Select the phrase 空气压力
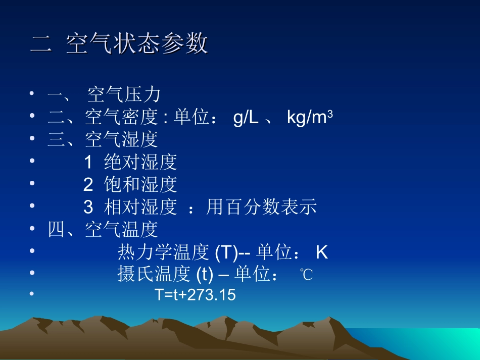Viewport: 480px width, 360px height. pyautogui.click(x=124, y=94)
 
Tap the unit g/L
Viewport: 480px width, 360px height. pyautogui.click(x=246, y=118)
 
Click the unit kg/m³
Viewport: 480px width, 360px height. pyautogui.click(x=309, y=118)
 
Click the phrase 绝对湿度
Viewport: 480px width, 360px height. pyautogui.click(x=140, y=162)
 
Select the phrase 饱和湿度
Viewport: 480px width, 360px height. pyautogui.click(x=140, y=184)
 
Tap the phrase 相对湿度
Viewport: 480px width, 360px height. pyautogui.click(x=140, y=207)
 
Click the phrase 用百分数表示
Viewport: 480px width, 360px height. pyautogui.click(x=261, y=207)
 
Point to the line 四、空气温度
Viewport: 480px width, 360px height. pyautogui.click(x=103, y=229)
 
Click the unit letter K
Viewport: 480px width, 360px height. pyautogui.click(x=322, y=252)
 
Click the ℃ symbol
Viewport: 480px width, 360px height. pyautogui.click(x=306, y=275)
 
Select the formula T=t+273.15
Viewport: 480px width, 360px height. pyautogui.click(x=195, y=295)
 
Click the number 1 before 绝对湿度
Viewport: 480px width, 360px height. pyautogui.click(x=88, y=162)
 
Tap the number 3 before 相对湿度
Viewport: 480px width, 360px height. pyautogui.click(x=88, y=207)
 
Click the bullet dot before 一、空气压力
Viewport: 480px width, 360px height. pyautogui.click(x=32, y=94)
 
